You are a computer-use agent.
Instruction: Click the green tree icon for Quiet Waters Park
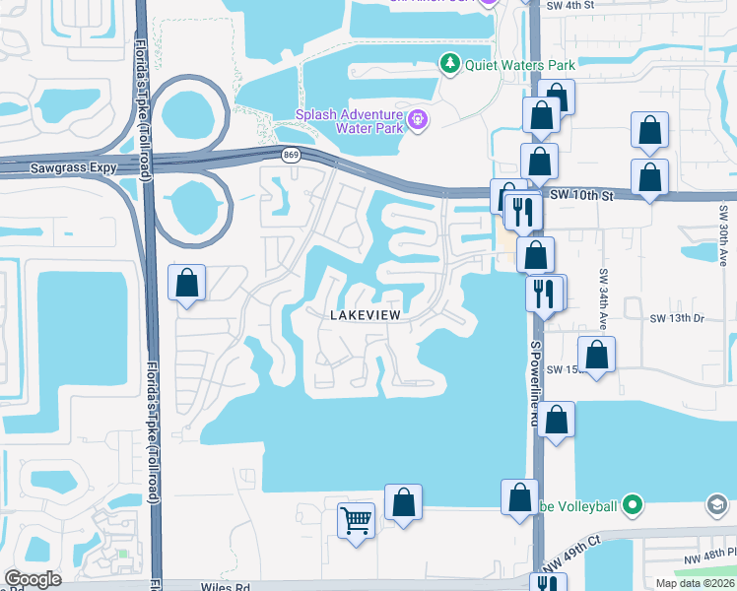click(450, 64)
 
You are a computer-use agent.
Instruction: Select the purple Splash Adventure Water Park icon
click(418, 120)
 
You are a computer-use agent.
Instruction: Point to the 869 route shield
click(290, 155)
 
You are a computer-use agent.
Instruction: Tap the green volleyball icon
click(633, 506)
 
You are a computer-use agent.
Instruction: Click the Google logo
click(33, 579)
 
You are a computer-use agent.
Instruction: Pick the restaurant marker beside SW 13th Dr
click(543, 293)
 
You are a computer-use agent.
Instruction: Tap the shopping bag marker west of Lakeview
click(187, 284)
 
